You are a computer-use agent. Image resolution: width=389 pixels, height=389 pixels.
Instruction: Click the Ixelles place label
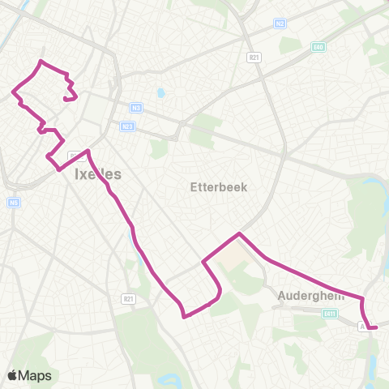(x=97, y=173)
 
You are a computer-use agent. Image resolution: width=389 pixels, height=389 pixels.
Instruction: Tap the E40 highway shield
(x=318, y=47)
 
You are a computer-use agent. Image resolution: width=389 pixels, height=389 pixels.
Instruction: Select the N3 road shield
(x=135, y=108)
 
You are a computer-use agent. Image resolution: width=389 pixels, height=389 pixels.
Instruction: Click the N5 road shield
(x=14, y=203)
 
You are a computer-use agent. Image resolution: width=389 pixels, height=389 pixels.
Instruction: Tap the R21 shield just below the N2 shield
(x=254, y=57)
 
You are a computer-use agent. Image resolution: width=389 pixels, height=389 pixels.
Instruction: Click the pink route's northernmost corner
(x=41, y=62)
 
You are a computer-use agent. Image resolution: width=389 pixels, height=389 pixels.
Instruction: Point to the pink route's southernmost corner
(x=185, y=316)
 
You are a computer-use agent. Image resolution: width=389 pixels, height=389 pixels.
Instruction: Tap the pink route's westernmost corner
(x=13, y=92)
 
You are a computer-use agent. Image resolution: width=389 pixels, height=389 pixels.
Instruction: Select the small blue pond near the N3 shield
(x=160, y=92)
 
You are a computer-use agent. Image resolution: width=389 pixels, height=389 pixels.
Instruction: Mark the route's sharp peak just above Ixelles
(x=87, y=151)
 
